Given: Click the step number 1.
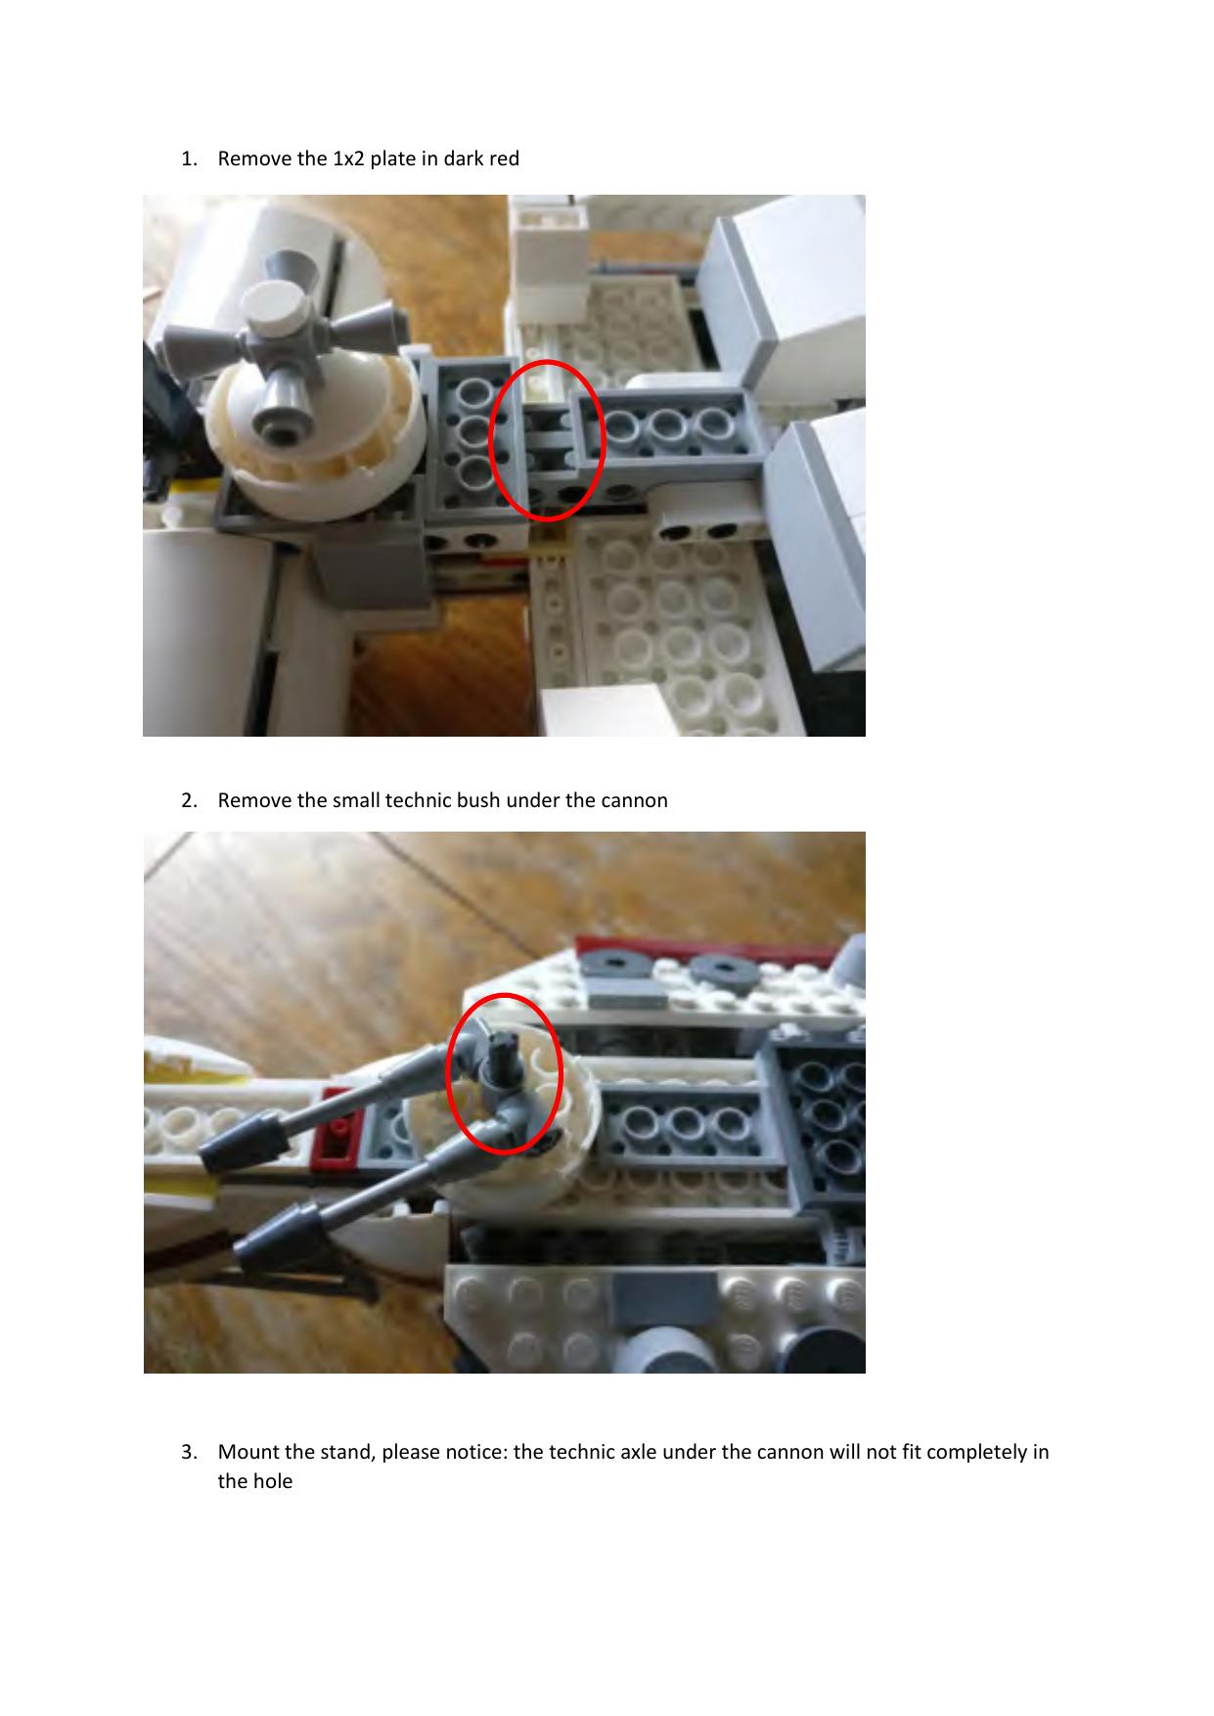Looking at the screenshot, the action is coord(187,158).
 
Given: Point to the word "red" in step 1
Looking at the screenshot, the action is coord(505,158).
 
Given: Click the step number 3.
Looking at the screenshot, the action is coord(187,1452).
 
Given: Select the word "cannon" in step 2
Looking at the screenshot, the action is coord(637,800).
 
